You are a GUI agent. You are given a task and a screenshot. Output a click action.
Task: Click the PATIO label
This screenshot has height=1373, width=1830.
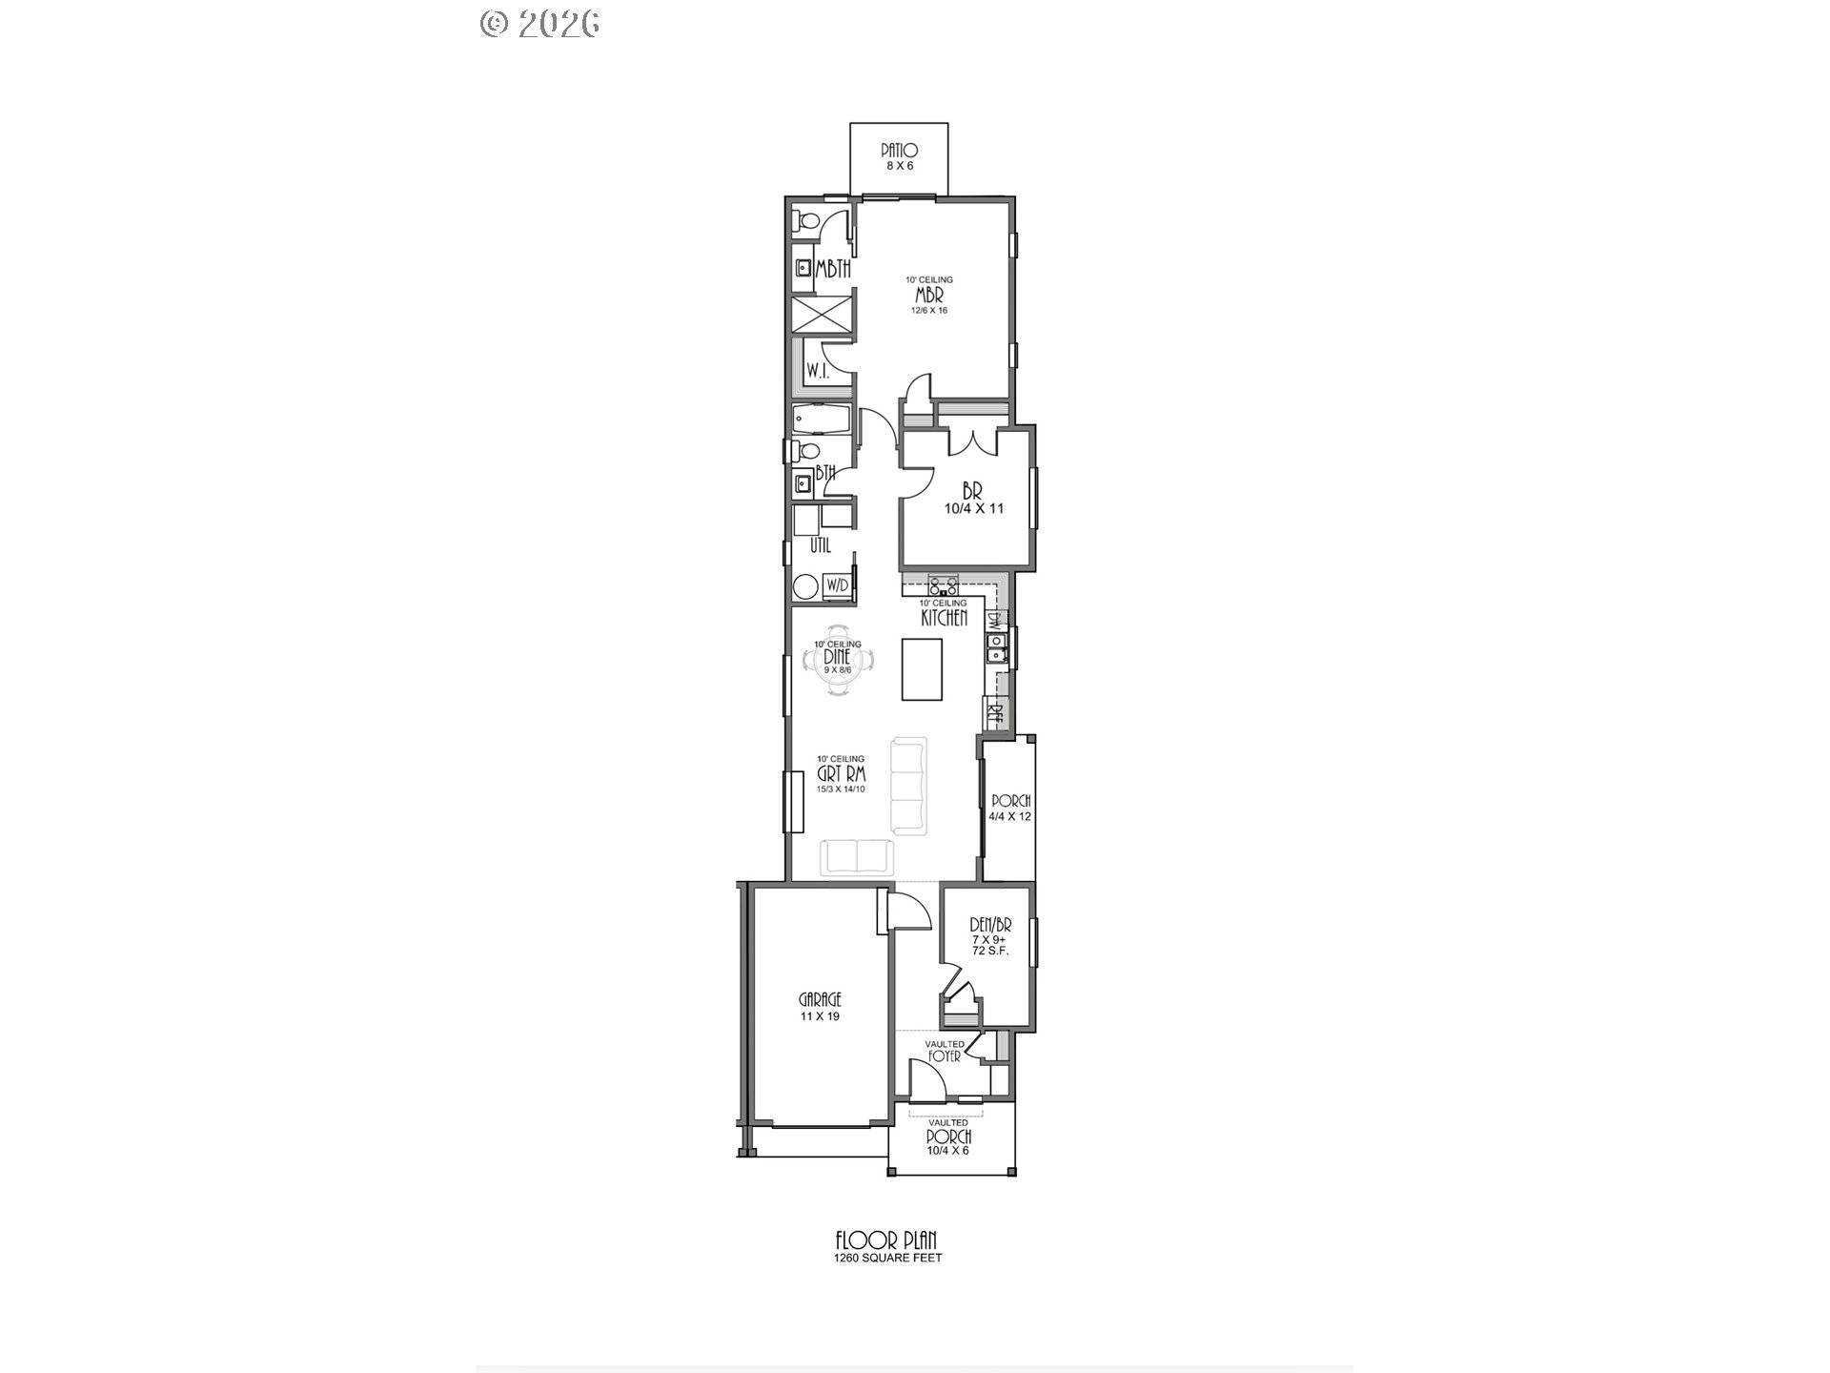pos(899,151)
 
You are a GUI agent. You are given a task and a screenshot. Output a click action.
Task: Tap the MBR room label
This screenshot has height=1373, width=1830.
pos(929,296)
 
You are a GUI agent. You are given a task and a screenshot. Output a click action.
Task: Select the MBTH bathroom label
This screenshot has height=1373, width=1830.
pos(833,270)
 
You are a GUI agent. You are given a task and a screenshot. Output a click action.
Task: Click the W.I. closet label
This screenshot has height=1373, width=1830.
pos(817,372)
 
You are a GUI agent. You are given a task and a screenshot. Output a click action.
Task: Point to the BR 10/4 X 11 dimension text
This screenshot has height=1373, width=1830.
pos(973,509)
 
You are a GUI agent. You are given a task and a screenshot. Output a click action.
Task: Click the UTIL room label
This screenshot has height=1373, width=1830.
pos(820,546)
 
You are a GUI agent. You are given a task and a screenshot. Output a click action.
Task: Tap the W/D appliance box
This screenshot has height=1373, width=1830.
pos(838,584)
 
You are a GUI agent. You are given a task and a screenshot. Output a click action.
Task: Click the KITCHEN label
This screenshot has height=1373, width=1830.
pos(944,618)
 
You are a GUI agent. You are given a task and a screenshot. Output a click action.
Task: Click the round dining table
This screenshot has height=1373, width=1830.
pos(837,660)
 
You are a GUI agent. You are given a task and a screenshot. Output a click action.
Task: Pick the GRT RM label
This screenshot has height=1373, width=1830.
pos(841,775)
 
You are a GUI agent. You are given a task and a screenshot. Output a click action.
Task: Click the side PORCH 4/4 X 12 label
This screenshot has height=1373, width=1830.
pos(1010,809)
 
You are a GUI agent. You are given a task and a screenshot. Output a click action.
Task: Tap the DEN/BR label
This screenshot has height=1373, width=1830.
pos(990,925)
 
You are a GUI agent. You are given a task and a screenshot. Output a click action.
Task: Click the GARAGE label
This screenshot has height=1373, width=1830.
pos(820,1000)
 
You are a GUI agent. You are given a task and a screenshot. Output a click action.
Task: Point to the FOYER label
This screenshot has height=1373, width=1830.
pos(945,1056)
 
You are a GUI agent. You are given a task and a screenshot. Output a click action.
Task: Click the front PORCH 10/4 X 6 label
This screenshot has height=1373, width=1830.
pos(948,1137)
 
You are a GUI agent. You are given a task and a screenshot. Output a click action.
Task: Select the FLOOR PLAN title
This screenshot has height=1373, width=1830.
pos(886,1240)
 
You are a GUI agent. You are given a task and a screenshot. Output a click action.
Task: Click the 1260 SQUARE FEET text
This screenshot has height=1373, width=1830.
pos(887,1258)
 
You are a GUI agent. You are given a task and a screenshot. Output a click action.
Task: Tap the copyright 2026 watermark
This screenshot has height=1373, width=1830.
pos(540,23)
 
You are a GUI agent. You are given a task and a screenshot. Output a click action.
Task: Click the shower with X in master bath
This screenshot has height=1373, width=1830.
pos(822,315)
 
